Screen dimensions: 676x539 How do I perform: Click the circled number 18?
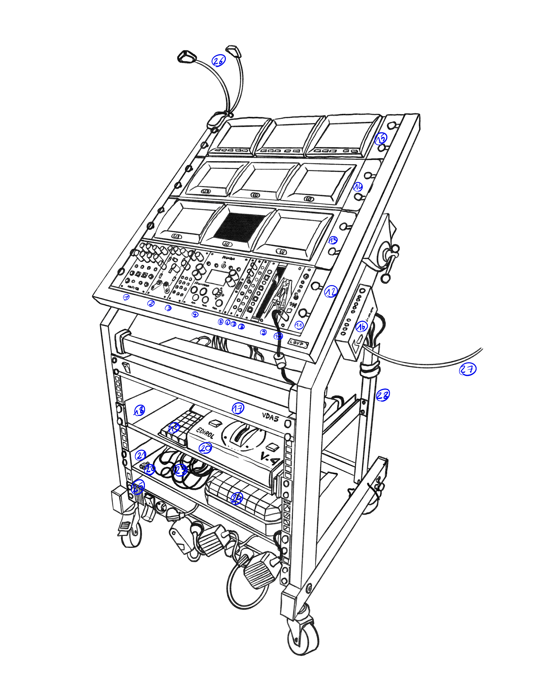139,410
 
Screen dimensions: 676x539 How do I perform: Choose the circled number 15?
381,138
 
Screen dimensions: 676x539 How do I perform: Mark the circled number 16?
361,327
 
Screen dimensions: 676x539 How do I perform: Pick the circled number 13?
333,240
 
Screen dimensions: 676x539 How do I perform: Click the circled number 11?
299,325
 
